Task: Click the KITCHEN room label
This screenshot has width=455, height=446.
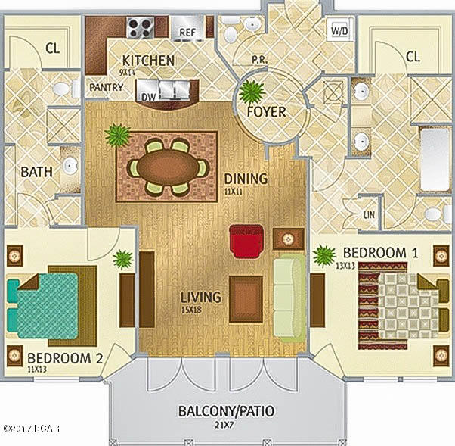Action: tap(148, 61)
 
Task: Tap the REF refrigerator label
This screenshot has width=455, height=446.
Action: tap(187, 32)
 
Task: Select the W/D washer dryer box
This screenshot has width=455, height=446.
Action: tap(338, 30)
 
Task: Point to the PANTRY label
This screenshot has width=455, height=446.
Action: tap(106, 87)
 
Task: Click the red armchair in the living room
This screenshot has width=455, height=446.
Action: tap(246, 240)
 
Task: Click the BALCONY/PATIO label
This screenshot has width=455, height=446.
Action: tap(226, 412)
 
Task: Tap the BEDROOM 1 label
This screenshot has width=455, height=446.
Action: tap(378, 251)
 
